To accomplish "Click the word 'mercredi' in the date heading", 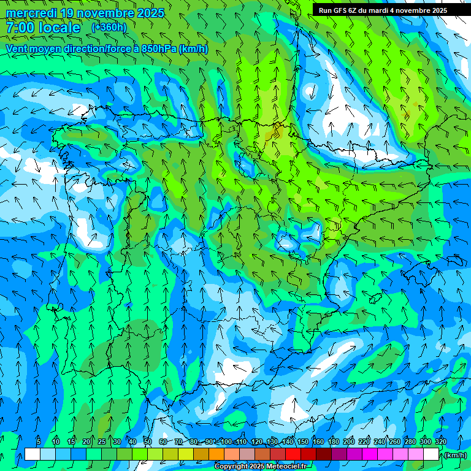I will (x=31, y=13).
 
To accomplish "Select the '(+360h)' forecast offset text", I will (x=109, y=27).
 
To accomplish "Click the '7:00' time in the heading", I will (x=19, y=28).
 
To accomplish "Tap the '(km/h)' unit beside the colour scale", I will (x=454, y=455).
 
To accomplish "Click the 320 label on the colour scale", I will (x=440, y=442).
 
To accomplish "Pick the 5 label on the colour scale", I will (x=39, y=442).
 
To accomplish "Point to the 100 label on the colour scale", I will (x=226, y=442).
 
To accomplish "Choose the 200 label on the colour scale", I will (x=348, y=442).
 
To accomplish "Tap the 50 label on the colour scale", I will (x=148, y=442).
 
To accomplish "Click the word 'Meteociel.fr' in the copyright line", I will (x=286, y=467).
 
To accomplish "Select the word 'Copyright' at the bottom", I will (x=231, y=467).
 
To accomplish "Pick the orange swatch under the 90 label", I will (x=216, y=454).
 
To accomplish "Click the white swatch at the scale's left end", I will (x=33, y=454).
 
